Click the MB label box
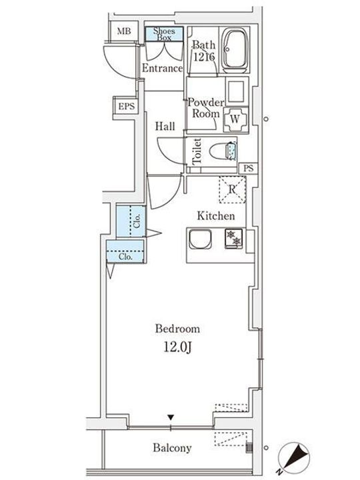(x=124, y=31)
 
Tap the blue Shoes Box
(x=163, y=33)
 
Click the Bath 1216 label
(x=203, y=51)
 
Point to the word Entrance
(x=162, y=69)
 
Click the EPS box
(x=125, y=106)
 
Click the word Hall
(x=165, y=126)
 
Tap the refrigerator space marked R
(x=231, y=189)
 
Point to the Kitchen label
(x=215, y=216)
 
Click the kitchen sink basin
(x=200, y=239)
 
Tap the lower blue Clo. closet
(x=126, y=255)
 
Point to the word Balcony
(x=175, y=448)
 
